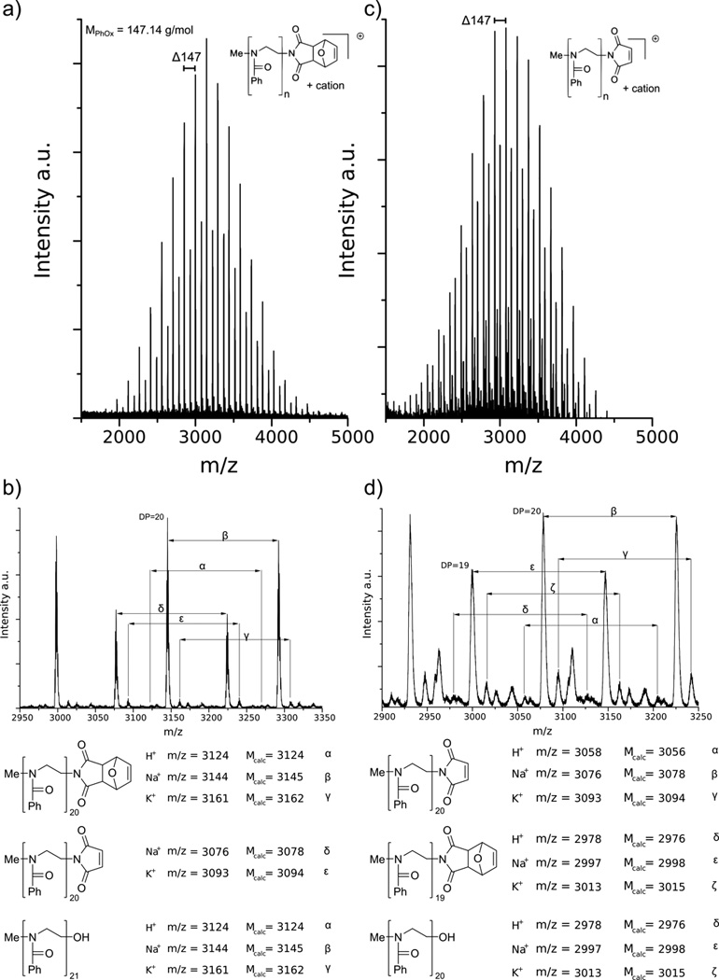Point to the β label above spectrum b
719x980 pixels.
coord(225,534)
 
